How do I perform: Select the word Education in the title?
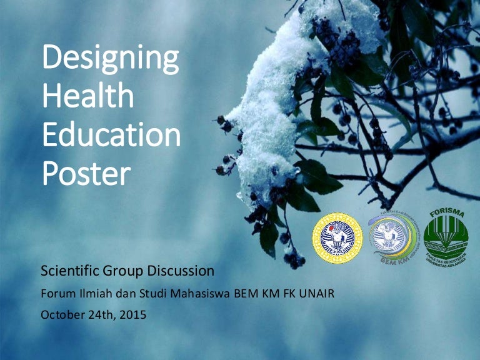click(111, 136)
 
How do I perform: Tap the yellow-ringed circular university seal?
click(337, 237)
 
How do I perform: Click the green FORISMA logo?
click(446, 236)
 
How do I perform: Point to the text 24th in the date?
click(102, 314)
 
